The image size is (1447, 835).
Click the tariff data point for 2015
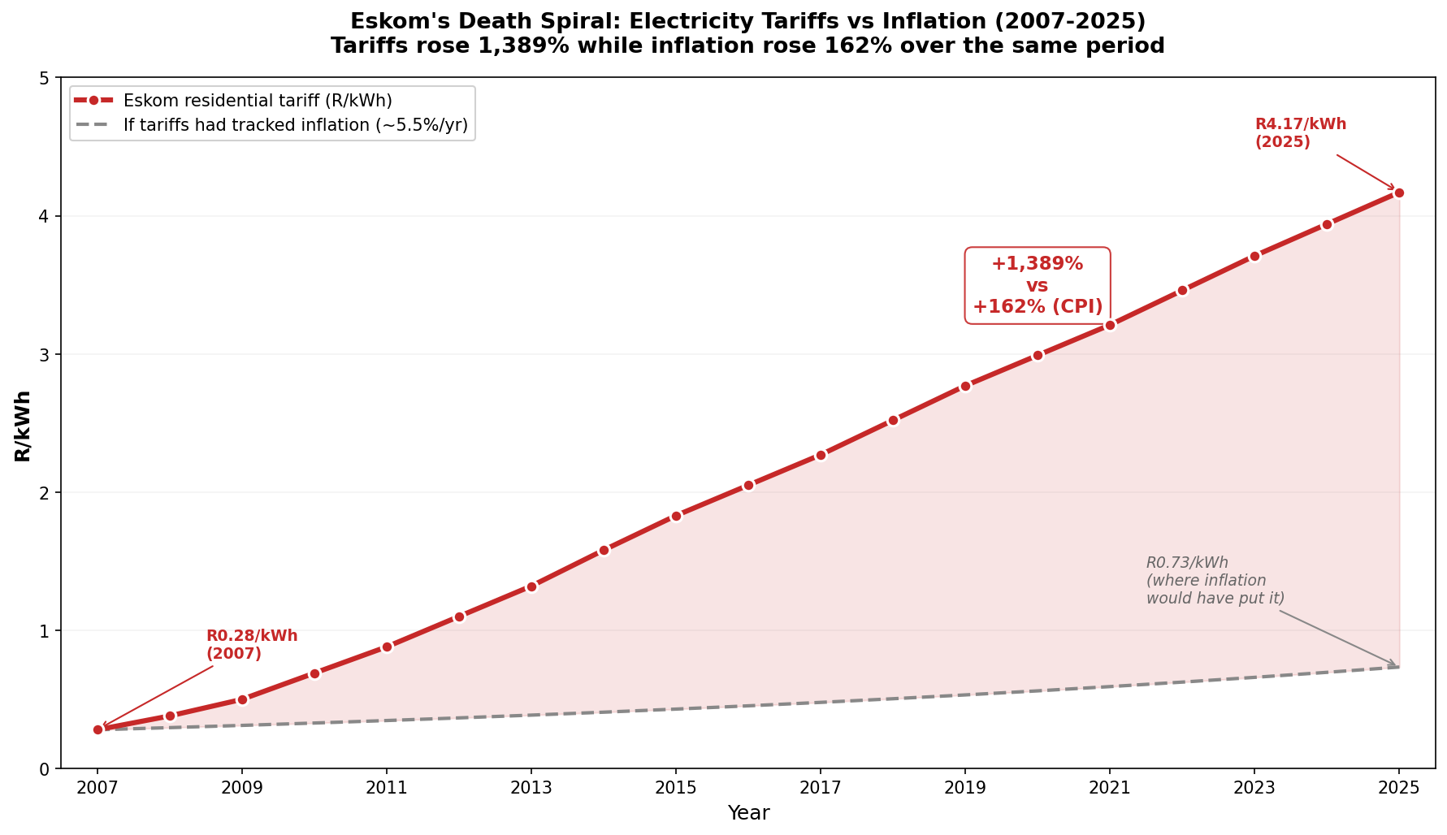(x=676, y=516)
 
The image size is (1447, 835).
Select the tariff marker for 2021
(x=1110, y=325)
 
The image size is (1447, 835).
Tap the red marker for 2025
(x=1399, y=193)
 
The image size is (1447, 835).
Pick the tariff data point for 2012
(x=459, y=617)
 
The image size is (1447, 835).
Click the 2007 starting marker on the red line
(x=97, y=729)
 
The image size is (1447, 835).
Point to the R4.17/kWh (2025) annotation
(x=1300, y=133)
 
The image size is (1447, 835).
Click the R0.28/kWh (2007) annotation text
(x=251, y=645)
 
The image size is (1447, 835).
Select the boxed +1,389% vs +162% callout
(x=1037, y=286)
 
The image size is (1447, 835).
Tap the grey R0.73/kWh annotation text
(x=1215, y=581)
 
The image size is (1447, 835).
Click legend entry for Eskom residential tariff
(x=257, y=101)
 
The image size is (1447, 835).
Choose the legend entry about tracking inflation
(x=295, y=125)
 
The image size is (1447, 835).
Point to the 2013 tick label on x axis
(x=531, y=788)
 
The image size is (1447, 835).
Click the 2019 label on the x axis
(x=965, y=788)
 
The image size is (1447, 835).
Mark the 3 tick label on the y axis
(x=44, y=355)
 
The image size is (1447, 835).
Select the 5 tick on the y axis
(x=44, y=79)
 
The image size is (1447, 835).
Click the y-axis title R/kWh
(x=23, y=426)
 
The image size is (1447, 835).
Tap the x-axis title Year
(x=748, y=813)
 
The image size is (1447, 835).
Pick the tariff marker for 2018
(x=893, y=420)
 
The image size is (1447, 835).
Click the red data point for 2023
(x=1254, y=256)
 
